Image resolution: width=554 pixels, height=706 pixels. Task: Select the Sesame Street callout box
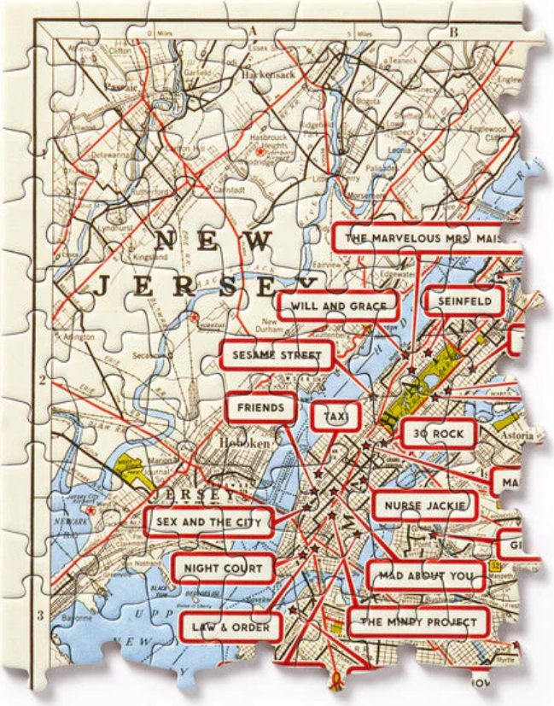pyautogui.click(x=276, y=354)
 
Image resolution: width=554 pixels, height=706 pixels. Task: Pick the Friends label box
pyautogui.click(x=261, y=408)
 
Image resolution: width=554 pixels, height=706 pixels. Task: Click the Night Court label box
pyautogui.click(x=224, y=568)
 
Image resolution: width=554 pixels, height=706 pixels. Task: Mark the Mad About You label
pyautogui.click(x=425, y=575)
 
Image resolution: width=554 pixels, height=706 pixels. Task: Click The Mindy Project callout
pyautogui.click(x=418, y=621)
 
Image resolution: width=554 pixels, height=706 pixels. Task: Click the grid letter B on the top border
pyautogui.click(x=454, y=32)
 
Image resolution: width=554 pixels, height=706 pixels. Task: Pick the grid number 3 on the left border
pyautogui.click(x=39, y=615)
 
